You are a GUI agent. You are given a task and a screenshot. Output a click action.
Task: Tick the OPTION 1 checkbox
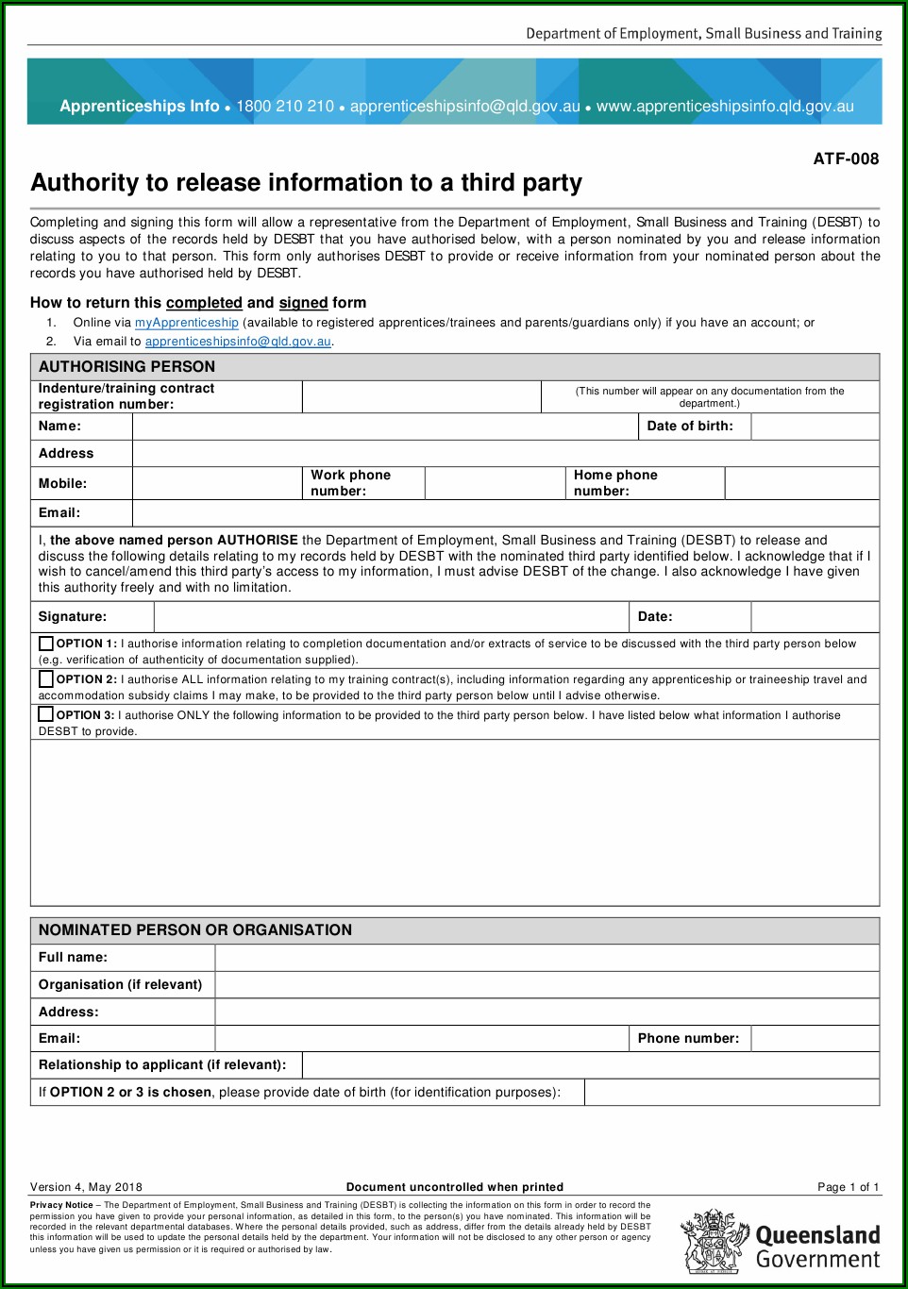[45, 644]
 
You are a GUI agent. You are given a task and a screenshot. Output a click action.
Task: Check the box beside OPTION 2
[45, 678]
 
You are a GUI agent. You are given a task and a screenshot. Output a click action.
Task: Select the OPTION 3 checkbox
[45, 714]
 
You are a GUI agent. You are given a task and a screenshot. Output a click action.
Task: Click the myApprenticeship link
[186, 323]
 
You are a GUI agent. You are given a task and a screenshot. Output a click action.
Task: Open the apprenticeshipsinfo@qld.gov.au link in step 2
[238, 342]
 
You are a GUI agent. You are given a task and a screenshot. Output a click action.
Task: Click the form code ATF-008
[846, 159]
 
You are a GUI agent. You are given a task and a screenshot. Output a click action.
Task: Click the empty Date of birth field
[815, 427]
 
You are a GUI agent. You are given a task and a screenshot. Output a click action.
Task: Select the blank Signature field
[391, 617]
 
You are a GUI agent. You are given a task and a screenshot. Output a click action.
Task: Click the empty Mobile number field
[217, 483]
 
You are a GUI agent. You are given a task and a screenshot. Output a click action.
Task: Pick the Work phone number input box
[495, 483]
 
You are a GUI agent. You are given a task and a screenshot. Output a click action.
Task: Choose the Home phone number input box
[801, 483]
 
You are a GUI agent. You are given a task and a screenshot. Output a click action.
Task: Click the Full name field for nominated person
[546, 957]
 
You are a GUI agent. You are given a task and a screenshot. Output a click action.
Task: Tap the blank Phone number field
[815, 1038]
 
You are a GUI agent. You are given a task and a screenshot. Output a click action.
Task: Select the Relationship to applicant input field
[590, 1064]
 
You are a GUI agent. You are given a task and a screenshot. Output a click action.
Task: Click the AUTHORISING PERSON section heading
[126, 366]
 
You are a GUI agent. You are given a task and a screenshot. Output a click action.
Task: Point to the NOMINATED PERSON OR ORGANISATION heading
[195, 929]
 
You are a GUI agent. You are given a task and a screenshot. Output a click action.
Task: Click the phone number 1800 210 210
[285, 107]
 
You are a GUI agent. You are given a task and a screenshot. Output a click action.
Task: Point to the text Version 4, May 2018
[86, 1187]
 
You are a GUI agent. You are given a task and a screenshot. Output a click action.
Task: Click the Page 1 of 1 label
[848, 1187]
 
